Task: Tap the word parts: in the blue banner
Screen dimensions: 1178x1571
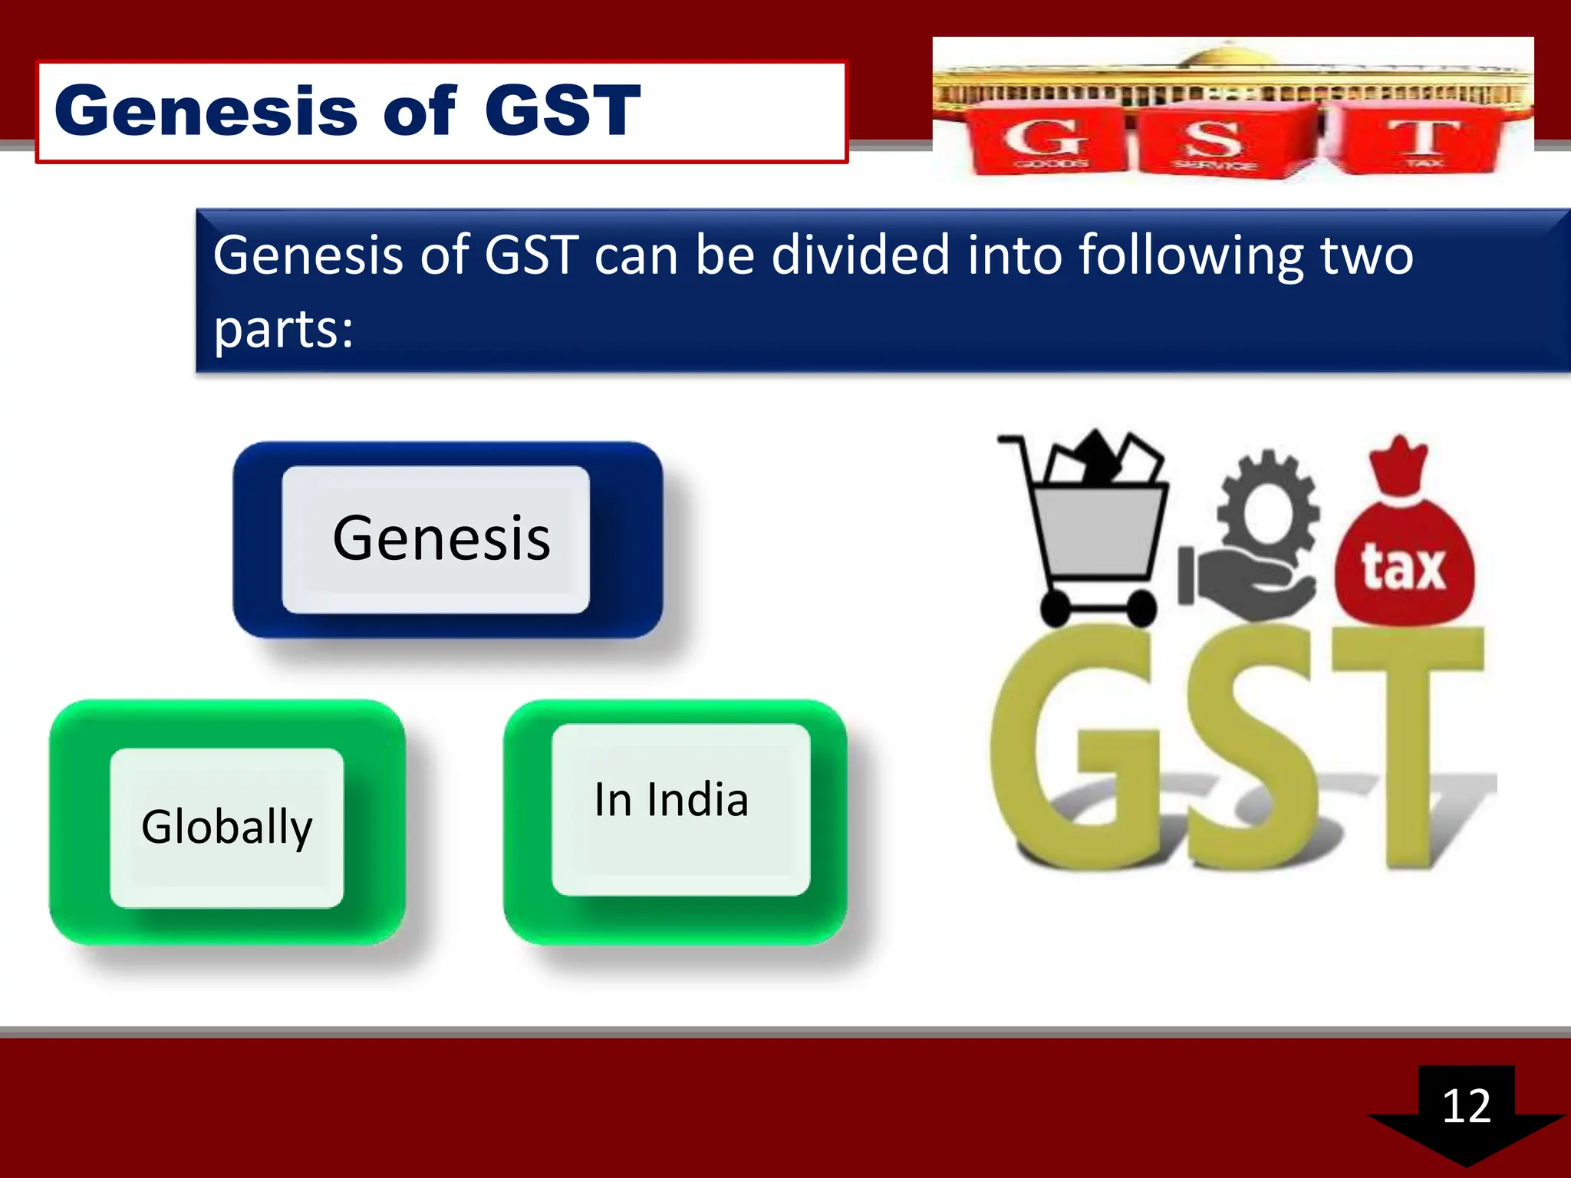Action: [x=283, y=330]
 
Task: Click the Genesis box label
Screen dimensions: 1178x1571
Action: [x=441, y=538]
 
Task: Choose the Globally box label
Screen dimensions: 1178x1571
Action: [x=227, y=827]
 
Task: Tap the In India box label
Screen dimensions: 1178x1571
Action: [x=671, y=800]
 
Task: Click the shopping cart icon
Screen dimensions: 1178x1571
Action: [x=1097, y=529]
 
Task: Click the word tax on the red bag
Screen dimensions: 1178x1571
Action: [x=1403, y=568]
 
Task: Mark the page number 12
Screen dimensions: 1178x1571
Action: [x=1466, y=1106]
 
